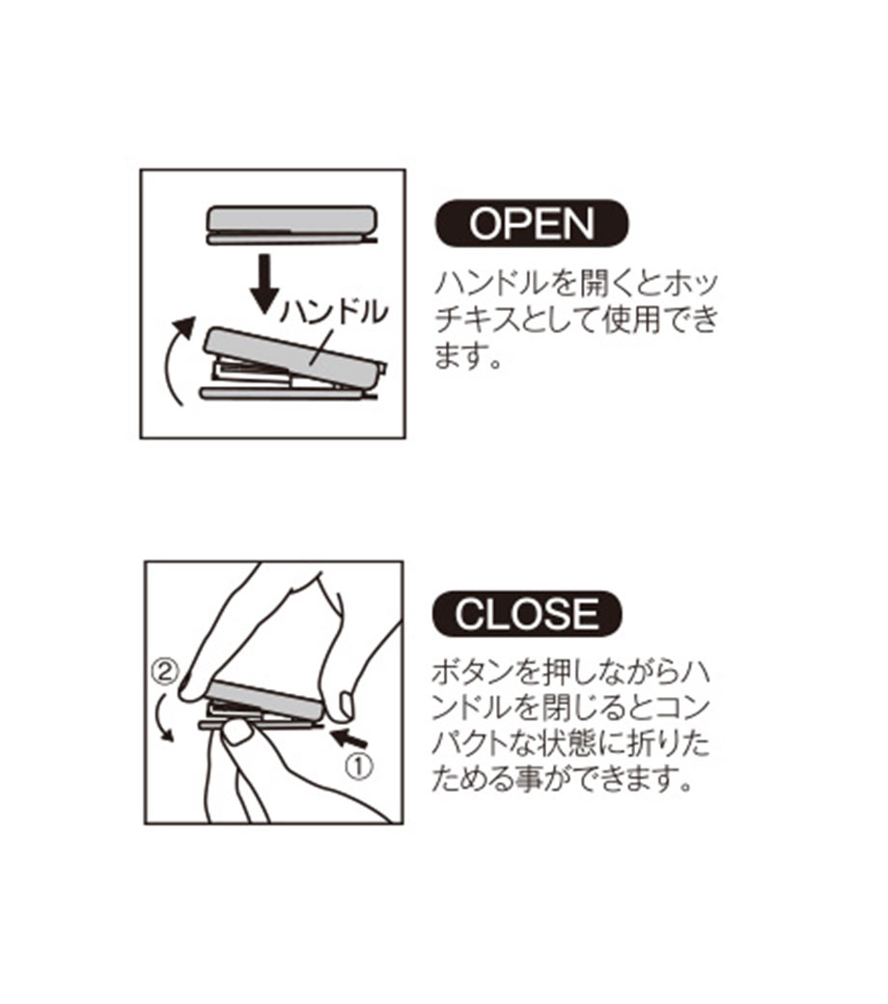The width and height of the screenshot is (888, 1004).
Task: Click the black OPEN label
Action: pos(532,223)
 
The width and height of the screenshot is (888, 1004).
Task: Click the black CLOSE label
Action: pos(527,613)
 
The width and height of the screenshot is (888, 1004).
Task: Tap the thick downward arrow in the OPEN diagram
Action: pos(264,284)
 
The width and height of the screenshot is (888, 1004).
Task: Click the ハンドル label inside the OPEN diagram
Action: pos(334,313)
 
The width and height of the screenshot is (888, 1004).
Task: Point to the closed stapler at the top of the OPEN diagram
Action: pos(291,225)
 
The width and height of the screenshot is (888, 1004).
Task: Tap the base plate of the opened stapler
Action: pos(288,394)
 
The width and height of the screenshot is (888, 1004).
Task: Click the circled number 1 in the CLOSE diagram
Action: pos(358,767)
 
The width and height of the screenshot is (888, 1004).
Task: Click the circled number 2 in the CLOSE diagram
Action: pos(164,672)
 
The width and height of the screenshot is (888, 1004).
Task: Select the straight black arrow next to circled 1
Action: pos(348,738)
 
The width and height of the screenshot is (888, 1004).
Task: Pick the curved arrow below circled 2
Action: pos(163,718)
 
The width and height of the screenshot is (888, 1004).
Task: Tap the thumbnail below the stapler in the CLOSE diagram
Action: pos(238,733)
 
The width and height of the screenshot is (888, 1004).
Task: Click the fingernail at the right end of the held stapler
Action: pos(346,705)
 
